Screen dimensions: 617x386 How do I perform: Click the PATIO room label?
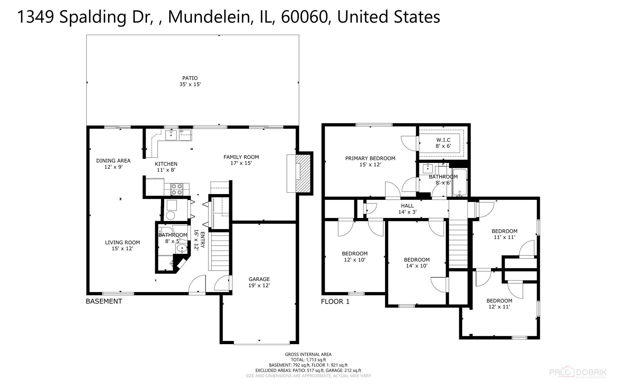190,78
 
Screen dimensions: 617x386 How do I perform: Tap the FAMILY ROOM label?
241,157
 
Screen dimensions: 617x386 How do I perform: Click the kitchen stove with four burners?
177,189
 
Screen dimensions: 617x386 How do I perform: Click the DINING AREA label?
113,161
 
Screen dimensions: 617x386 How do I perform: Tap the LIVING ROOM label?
122,242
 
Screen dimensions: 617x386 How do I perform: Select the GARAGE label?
259,279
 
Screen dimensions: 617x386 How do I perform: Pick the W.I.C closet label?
443,140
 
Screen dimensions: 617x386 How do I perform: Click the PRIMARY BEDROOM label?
370,158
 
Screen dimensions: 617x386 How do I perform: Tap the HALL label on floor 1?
407,206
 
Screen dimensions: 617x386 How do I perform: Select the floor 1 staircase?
458,244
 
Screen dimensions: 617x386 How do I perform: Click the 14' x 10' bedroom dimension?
417,266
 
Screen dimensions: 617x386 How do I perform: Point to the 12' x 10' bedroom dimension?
355,260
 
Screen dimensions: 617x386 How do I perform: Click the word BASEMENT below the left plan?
104,301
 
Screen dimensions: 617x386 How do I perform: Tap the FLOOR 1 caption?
335,302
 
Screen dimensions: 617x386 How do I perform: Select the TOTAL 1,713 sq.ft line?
308,360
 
